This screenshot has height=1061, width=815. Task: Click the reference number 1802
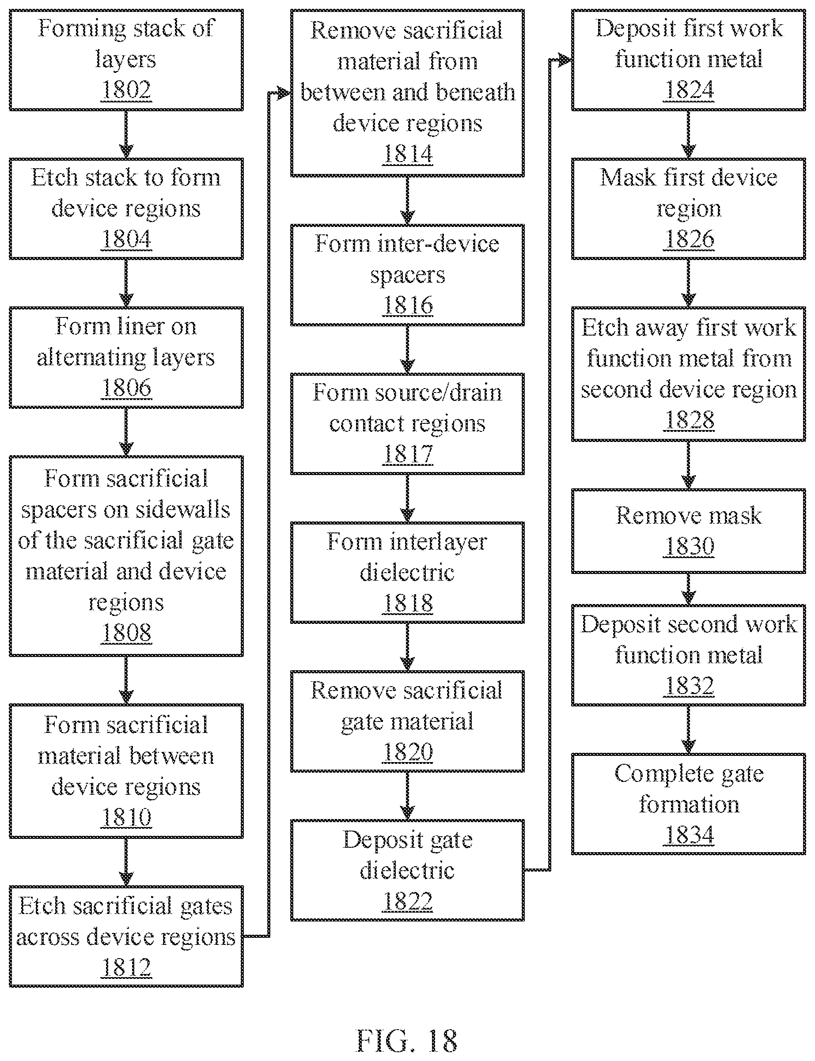point(126,90)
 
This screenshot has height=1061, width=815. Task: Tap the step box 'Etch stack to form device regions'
point(126,208)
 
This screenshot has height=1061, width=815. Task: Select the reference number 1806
point(126,388)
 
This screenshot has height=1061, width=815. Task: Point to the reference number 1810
point(126,817)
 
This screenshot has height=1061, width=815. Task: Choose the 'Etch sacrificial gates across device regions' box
point(126,936)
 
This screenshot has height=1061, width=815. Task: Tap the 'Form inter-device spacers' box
point(407,275)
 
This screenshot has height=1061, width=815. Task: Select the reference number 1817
point(407,454)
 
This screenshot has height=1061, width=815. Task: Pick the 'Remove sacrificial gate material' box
point(407,721)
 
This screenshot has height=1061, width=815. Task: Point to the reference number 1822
point(407,902)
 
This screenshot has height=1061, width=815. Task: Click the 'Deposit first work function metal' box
point(689,60)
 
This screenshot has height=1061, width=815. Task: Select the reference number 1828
point(689,420)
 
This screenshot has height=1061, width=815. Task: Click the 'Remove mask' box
point(689,531)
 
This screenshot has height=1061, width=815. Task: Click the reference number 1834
point(689,835)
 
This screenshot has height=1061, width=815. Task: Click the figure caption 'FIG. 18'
point(407,1041)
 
